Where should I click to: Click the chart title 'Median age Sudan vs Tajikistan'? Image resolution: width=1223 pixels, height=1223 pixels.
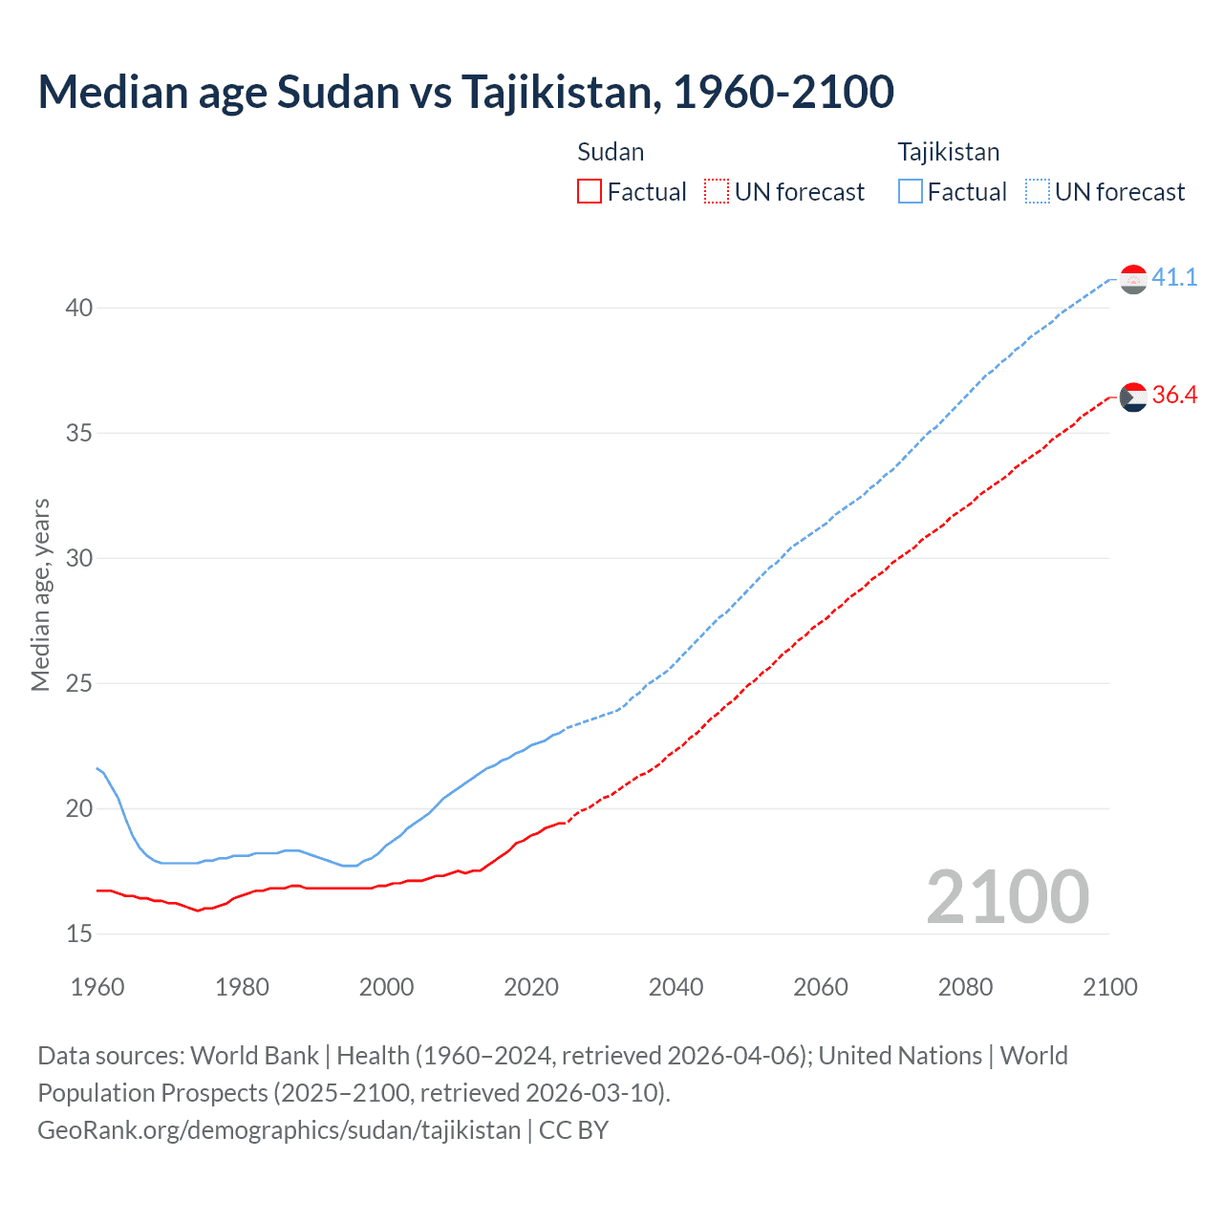[x=465, y=92]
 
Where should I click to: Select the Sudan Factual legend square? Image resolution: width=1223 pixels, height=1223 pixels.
[x=590, y=191]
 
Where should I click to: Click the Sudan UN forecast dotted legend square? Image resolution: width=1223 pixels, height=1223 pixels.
[x=717, y=191]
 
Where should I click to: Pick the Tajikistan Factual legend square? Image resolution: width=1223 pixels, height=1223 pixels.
[x=911, y=191]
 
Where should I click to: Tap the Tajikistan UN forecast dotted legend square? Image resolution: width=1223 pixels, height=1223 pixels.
[x=1038, y=191]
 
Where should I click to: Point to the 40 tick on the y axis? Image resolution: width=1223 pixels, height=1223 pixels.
[x=79, y=308]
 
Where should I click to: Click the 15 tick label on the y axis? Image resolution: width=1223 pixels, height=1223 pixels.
[x=79, y=933]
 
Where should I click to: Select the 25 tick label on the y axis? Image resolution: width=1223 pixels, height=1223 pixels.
[x=79, y=683]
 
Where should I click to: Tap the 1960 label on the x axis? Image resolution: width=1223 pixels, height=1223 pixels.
[x=97, y=987]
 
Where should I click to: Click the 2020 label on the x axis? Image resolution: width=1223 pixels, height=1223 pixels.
[x=531, y=987]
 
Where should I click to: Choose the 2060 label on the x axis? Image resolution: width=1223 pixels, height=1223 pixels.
[x=821, y=987]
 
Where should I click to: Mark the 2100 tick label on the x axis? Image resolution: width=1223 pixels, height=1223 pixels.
[x=1109, y=987]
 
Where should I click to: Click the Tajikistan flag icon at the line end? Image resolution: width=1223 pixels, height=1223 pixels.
[x=1133, y=279]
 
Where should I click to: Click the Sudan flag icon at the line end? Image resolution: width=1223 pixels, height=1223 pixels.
[x=1133, y=397]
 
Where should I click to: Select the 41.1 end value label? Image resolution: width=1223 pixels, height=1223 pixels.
[x=1174, y=278]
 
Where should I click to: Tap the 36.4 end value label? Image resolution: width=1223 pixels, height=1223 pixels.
[x=1174, y=396]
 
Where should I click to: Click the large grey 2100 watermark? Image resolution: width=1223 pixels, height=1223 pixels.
[x=1007, y=896]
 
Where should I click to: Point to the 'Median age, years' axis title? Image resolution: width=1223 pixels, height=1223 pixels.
[x=41, y=594]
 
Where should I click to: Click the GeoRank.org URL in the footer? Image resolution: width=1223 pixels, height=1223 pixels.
[x=279, y=1129]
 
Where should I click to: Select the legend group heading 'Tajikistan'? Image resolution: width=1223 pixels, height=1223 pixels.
[x=949, y=152]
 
